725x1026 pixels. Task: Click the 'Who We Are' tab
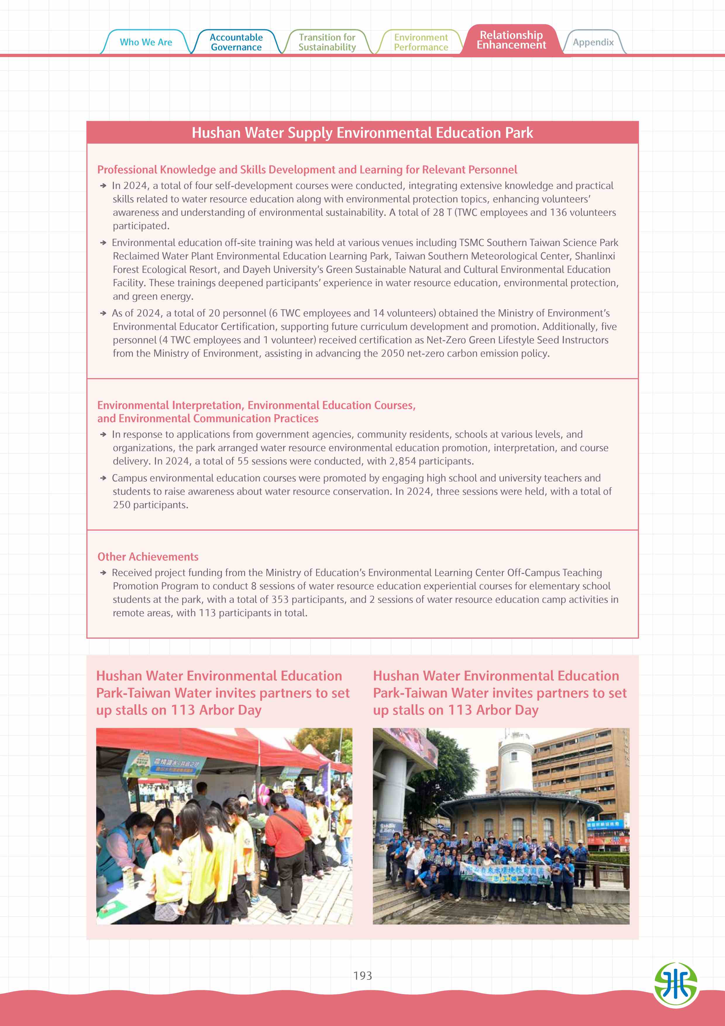click(146, 42)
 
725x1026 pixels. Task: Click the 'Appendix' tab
click(593, 42)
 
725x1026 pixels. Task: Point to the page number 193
click(362, 975)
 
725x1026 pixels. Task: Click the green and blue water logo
click(675, 984)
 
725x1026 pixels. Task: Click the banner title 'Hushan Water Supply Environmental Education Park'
click(362, 133)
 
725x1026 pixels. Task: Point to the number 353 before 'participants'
click(280, 599)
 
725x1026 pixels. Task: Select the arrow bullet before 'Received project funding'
click(103, 572)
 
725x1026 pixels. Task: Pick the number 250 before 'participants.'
click(121, 505)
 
